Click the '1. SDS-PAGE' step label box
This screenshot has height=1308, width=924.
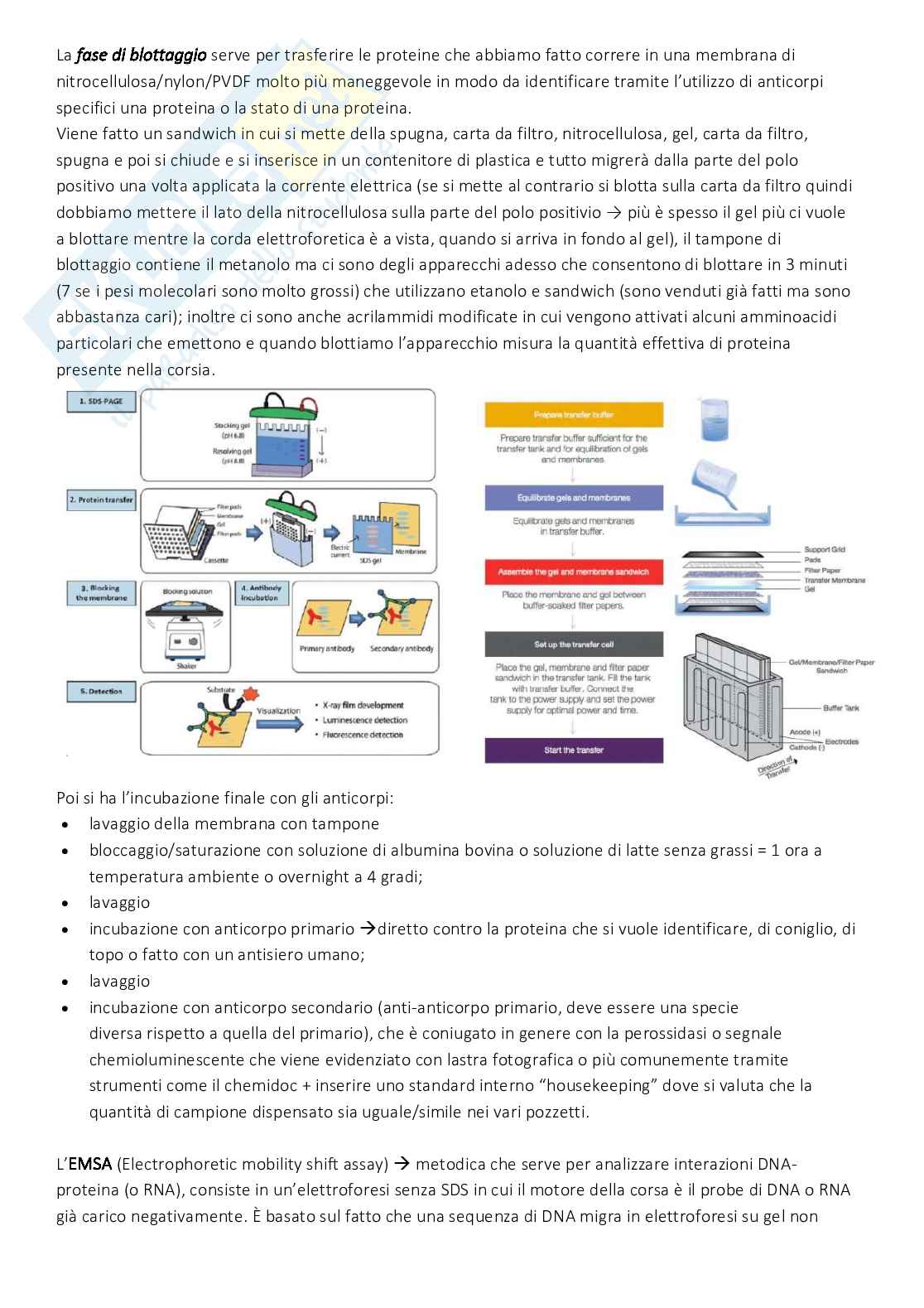click(102, 401)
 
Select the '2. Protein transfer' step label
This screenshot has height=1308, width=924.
click(102, 500)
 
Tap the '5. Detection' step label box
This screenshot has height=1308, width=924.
click(102, 691)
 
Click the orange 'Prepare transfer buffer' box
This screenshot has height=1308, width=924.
click(573, 414)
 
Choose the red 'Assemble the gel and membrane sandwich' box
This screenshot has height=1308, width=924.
click(573, 572)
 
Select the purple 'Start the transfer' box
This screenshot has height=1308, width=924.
click(573, 750)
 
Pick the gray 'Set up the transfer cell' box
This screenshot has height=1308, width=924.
click(573, 644)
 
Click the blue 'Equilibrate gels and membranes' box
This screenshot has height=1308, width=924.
click(573, 498)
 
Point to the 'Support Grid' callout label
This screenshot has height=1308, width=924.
click(824, 549)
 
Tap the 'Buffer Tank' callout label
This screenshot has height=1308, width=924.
click(841, 708)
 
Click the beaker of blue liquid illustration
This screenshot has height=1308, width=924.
click(713, 422)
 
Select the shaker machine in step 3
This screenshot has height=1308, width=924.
click(186, 638)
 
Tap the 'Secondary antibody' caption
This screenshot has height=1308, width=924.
click(402, 649)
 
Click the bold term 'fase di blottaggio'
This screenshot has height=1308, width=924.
click(141, 56)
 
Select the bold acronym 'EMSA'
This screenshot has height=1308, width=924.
click(89, 1165)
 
